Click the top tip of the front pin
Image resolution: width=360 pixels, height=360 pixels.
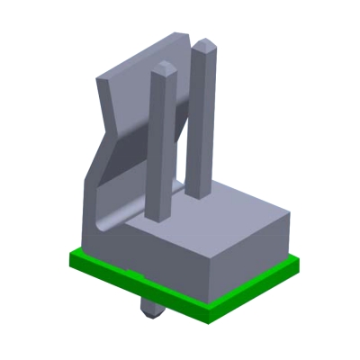(163, 67)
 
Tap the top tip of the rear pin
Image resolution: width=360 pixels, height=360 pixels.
(203, 42)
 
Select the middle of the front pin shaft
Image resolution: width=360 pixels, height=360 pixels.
(161, 144)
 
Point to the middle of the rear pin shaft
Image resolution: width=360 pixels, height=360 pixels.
(201, 117)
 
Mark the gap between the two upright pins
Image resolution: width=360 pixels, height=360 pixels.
(180, 135)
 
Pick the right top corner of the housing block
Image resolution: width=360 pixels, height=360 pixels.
(290, 214)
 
